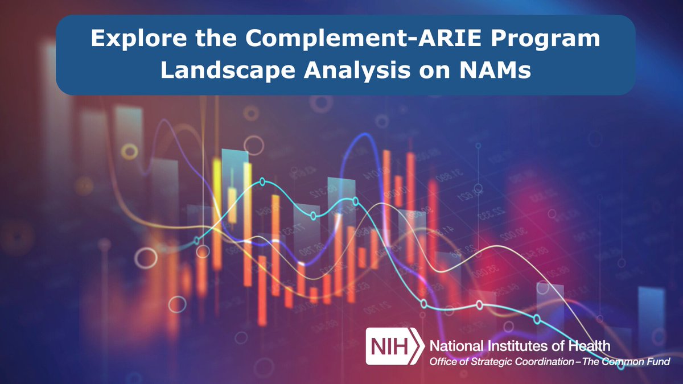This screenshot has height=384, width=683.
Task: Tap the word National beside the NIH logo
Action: point(455,345)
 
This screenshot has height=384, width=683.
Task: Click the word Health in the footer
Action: point(590,345)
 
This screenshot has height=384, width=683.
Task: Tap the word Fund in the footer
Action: point(660,361)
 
